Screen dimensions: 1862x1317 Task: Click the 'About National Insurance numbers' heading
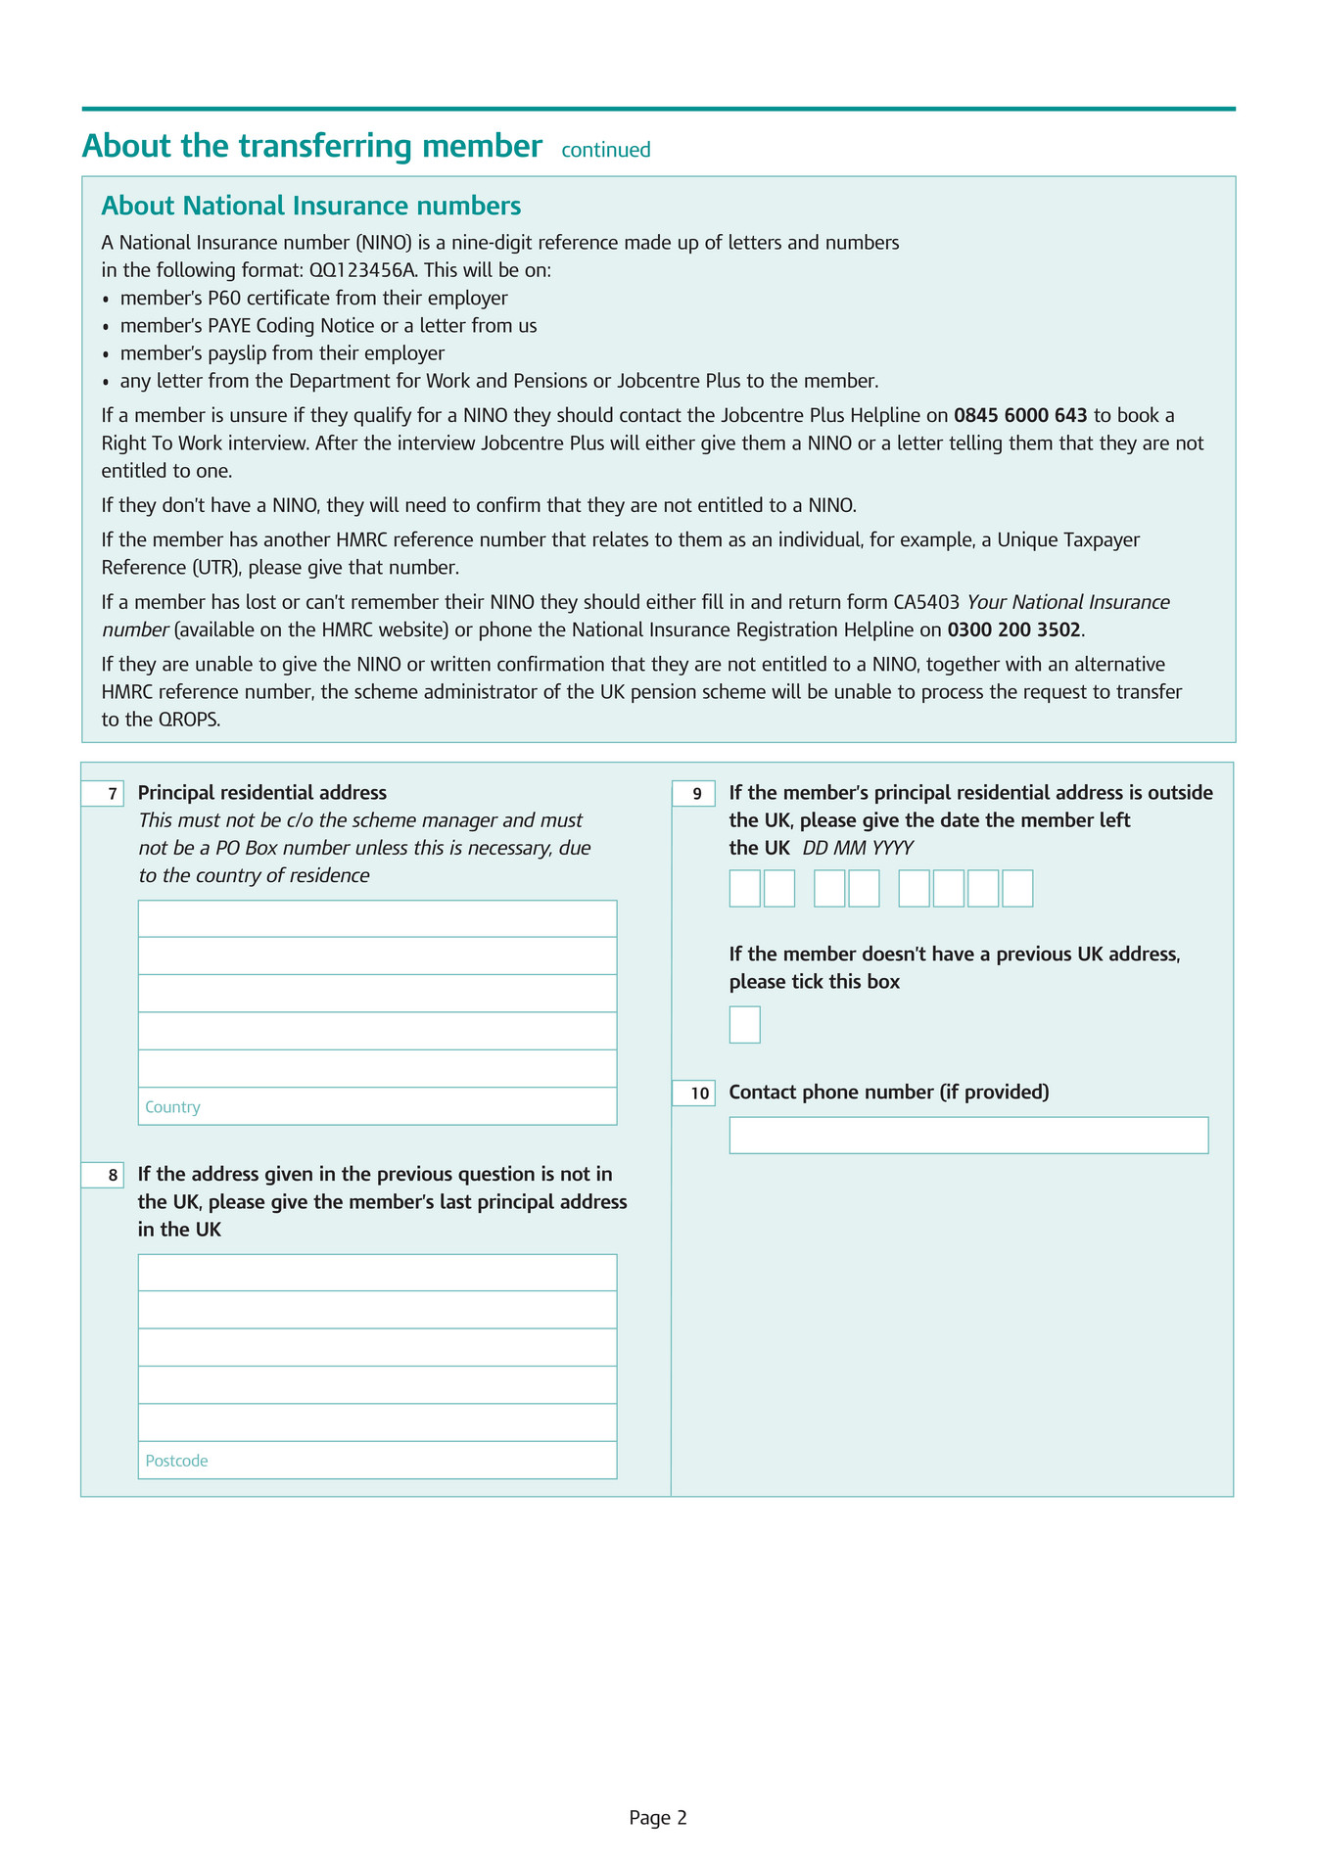310,206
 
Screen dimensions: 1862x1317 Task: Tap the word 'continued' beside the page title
605,150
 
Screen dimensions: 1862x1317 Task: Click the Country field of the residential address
377,1106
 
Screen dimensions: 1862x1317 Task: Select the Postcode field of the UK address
377,1460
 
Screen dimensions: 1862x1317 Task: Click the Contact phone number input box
967,1135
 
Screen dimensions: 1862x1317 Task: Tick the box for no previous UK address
744,1024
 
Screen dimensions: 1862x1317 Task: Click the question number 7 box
103,794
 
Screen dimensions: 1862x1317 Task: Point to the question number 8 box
103,1175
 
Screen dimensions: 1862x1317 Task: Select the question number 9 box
693,794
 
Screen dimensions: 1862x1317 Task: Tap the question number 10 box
693,1094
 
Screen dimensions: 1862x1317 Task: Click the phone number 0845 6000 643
1020,415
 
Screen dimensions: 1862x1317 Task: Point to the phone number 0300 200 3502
1013,628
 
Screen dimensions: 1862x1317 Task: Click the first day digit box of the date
744,888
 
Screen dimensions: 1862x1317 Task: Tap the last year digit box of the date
1017,888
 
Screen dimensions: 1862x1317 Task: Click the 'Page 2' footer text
658,1818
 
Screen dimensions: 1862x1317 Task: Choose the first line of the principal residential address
377,918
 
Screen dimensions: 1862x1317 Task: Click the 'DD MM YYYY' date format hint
858,848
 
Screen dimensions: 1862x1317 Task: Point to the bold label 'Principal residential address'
262,793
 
